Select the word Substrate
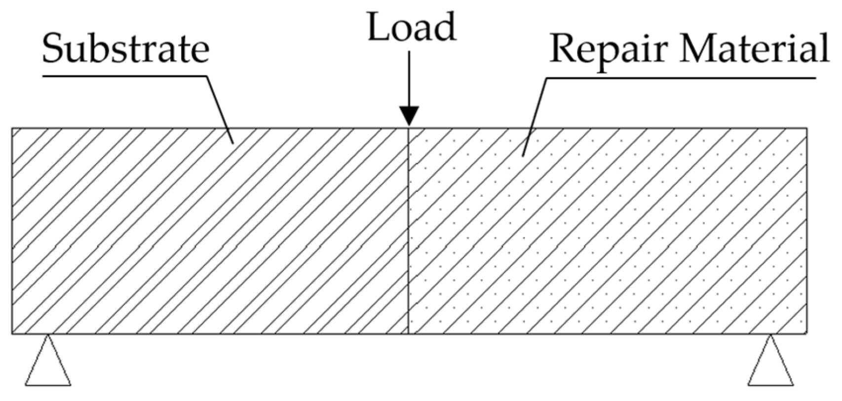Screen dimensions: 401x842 point(126,49)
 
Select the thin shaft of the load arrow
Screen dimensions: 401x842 point(409,79)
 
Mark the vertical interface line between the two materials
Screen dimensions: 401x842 point(409,232)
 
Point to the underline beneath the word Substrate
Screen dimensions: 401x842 point(123,76)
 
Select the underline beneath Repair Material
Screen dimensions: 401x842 point(681,78)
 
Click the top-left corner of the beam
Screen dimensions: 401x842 point(12,129)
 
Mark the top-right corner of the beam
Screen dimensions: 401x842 point(807,129)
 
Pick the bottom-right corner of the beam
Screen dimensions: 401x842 point(807,333)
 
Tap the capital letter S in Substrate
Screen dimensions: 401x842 point(53,49)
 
